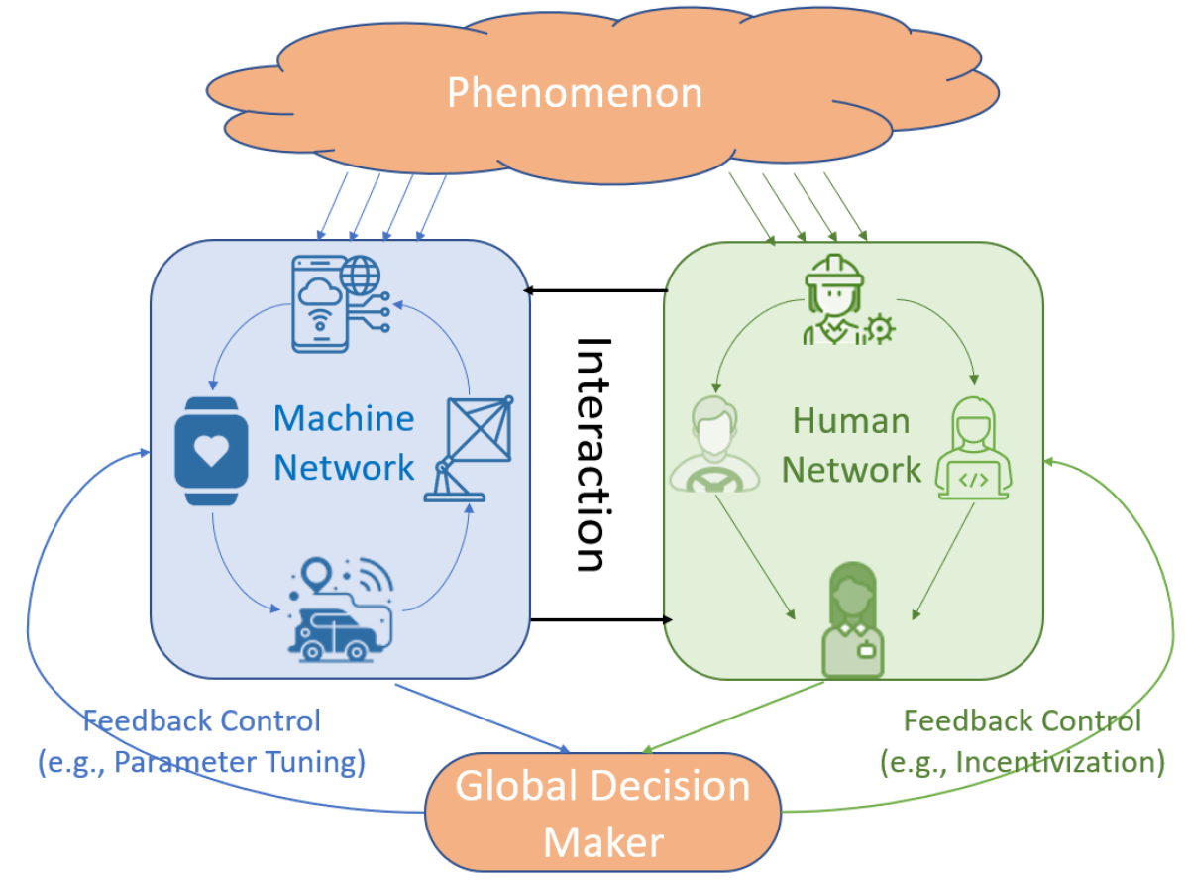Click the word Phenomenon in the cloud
pos(575,93)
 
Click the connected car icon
pos(337,611)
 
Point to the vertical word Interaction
pos(592,455)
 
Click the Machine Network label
pos(344,442)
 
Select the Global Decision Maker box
pos(603,813)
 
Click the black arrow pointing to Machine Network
pos(594,290)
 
